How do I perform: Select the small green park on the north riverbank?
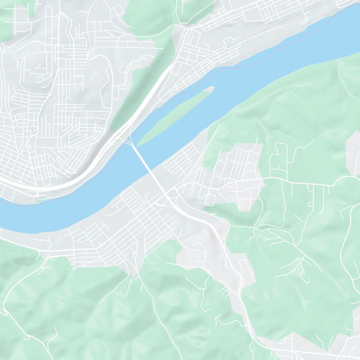point(42,198)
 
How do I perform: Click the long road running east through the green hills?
point(306,182)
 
